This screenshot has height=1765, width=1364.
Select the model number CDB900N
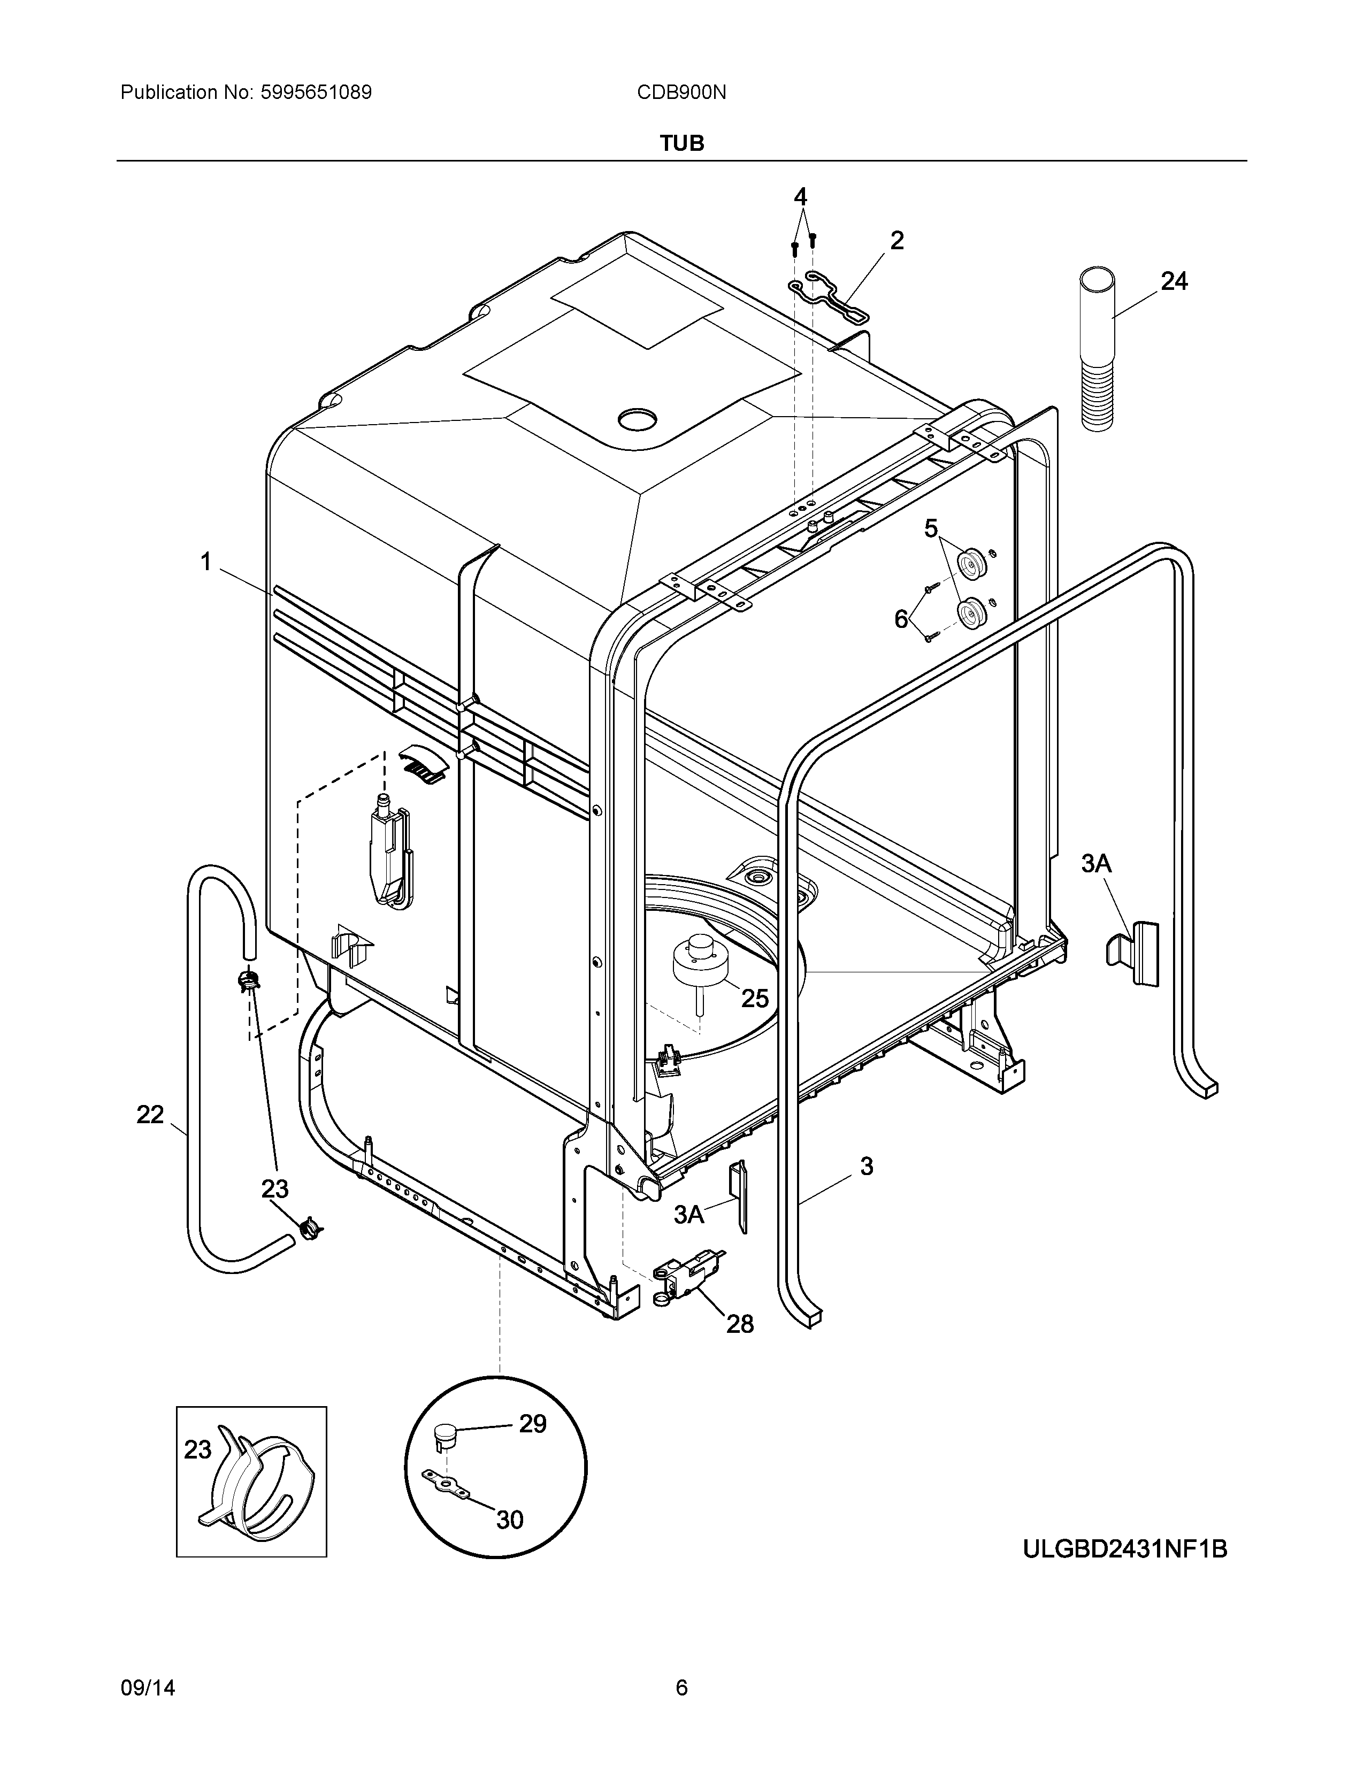(x=681, y=93)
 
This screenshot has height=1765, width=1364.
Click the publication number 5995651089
(x=316, y=93)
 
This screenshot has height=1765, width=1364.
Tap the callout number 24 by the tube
(x=1174, y=281)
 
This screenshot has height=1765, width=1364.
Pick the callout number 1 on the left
(x=206, y=561)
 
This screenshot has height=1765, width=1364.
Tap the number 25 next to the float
(x=755, y=999)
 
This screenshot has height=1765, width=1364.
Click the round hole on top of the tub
(x=638, y=419)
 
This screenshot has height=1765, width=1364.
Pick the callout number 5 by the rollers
(x=931, y=529)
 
